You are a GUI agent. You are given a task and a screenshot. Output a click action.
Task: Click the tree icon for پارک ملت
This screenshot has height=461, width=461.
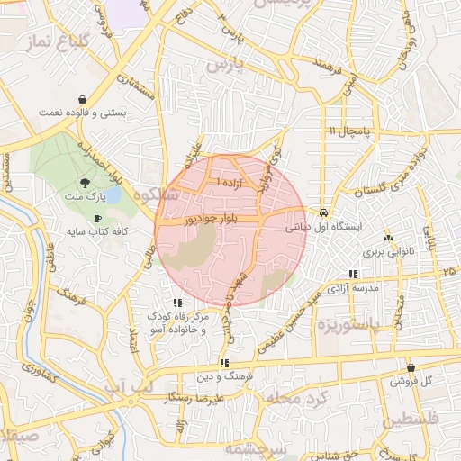pos(85,182)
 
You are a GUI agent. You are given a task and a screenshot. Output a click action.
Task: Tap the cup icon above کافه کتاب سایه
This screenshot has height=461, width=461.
pos(97,219)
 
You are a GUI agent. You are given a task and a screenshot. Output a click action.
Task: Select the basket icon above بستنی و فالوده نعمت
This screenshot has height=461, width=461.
pos(83,99)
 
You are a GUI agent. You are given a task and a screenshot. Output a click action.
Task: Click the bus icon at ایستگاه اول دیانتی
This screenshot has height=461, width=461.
pos(324,213)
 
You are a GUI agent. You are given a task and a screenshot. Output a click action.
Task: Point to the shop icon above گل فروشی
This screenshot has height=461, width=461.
pos(411,367)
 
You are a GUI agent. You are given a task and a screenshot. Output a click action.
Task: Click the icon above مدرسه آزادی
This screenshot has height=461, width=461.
pos(354,274)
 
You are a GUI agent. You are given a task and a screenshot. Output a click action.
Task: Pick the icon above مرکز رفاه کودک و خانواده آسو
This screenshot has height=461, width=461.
pos(178,303)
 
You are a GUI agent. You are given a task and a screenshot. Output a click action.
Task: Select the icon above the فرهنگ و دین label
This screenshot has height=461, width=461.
pos(223,363)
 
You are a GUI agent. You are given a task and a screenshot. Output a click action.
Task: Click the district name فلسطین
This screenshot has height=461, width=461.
pos(411,420)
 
